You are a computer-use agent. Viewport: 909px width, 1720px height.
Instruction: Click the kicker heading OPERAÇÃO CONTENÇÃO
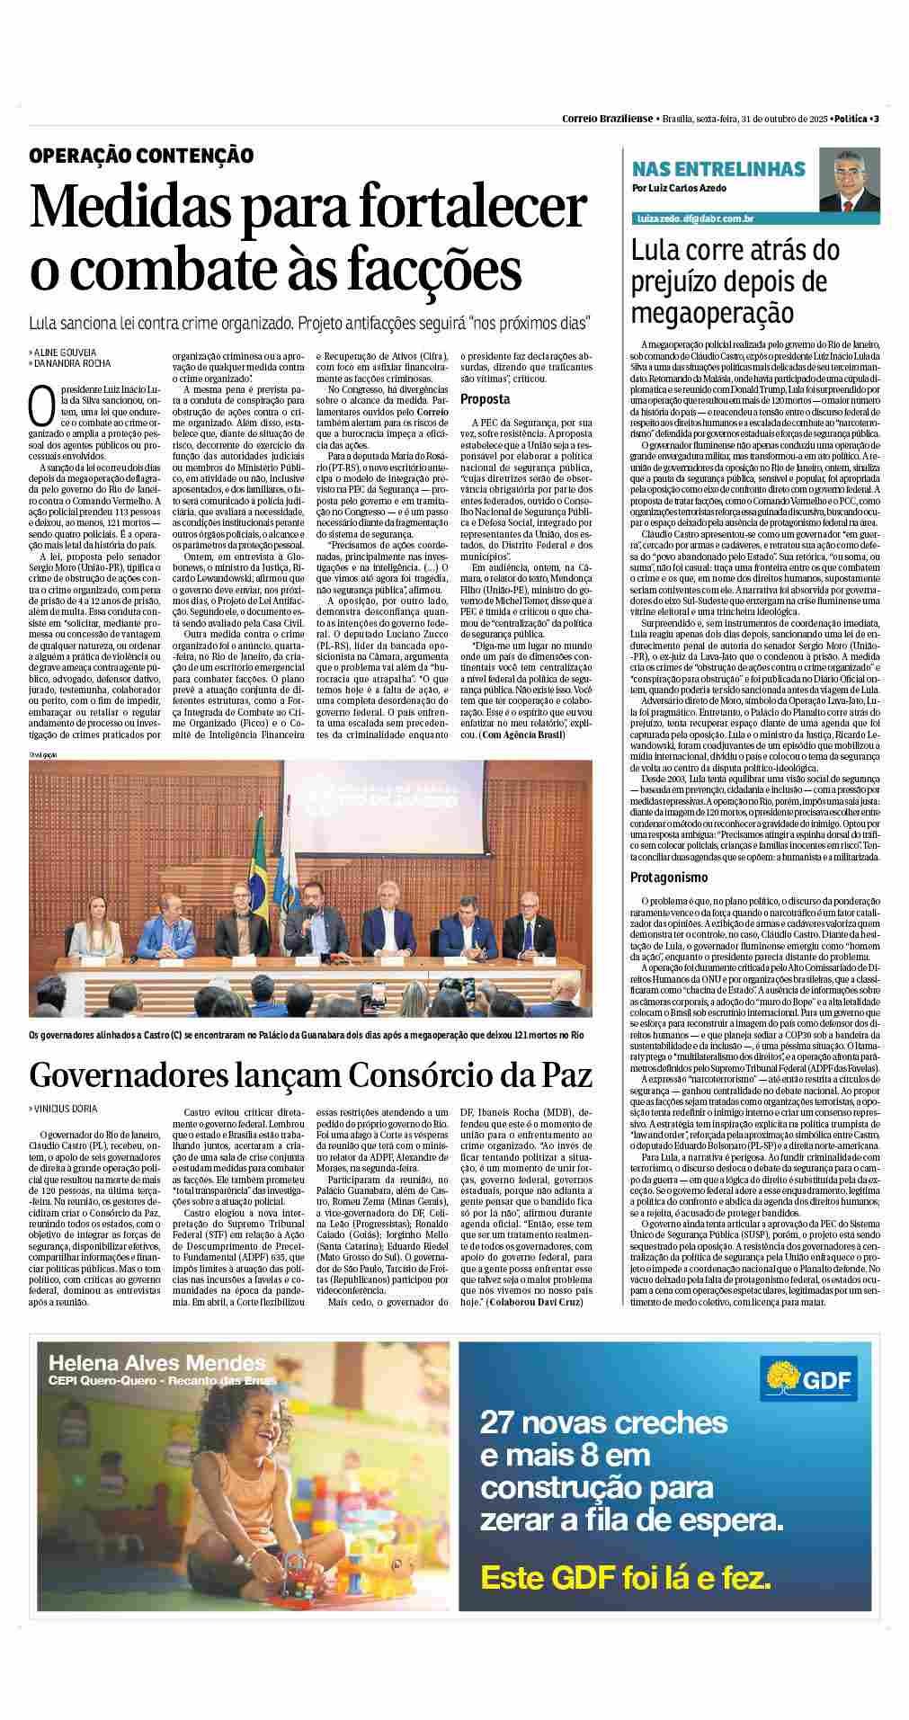141,156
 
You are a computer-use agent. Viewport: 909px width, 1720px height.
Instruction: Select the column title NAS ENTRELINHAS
718,169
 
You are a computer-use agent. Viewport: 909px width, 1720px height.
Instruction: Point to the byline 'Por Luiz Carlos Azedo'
679,189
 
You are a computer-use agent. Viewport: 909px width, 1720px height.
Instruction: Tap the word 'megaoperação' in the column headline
712,313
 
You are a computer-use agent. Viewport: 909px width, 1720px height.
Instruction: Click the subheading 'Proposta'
486,398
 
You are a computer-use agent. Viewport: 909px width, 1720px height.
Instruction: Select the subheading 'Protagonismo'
668,877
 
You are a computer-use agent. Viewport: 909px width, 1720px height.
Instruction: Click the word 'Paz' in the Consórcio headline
562,1074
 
